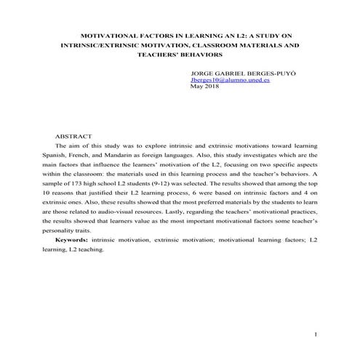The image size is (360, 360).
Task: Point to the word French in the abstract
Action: click(87, 156)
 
